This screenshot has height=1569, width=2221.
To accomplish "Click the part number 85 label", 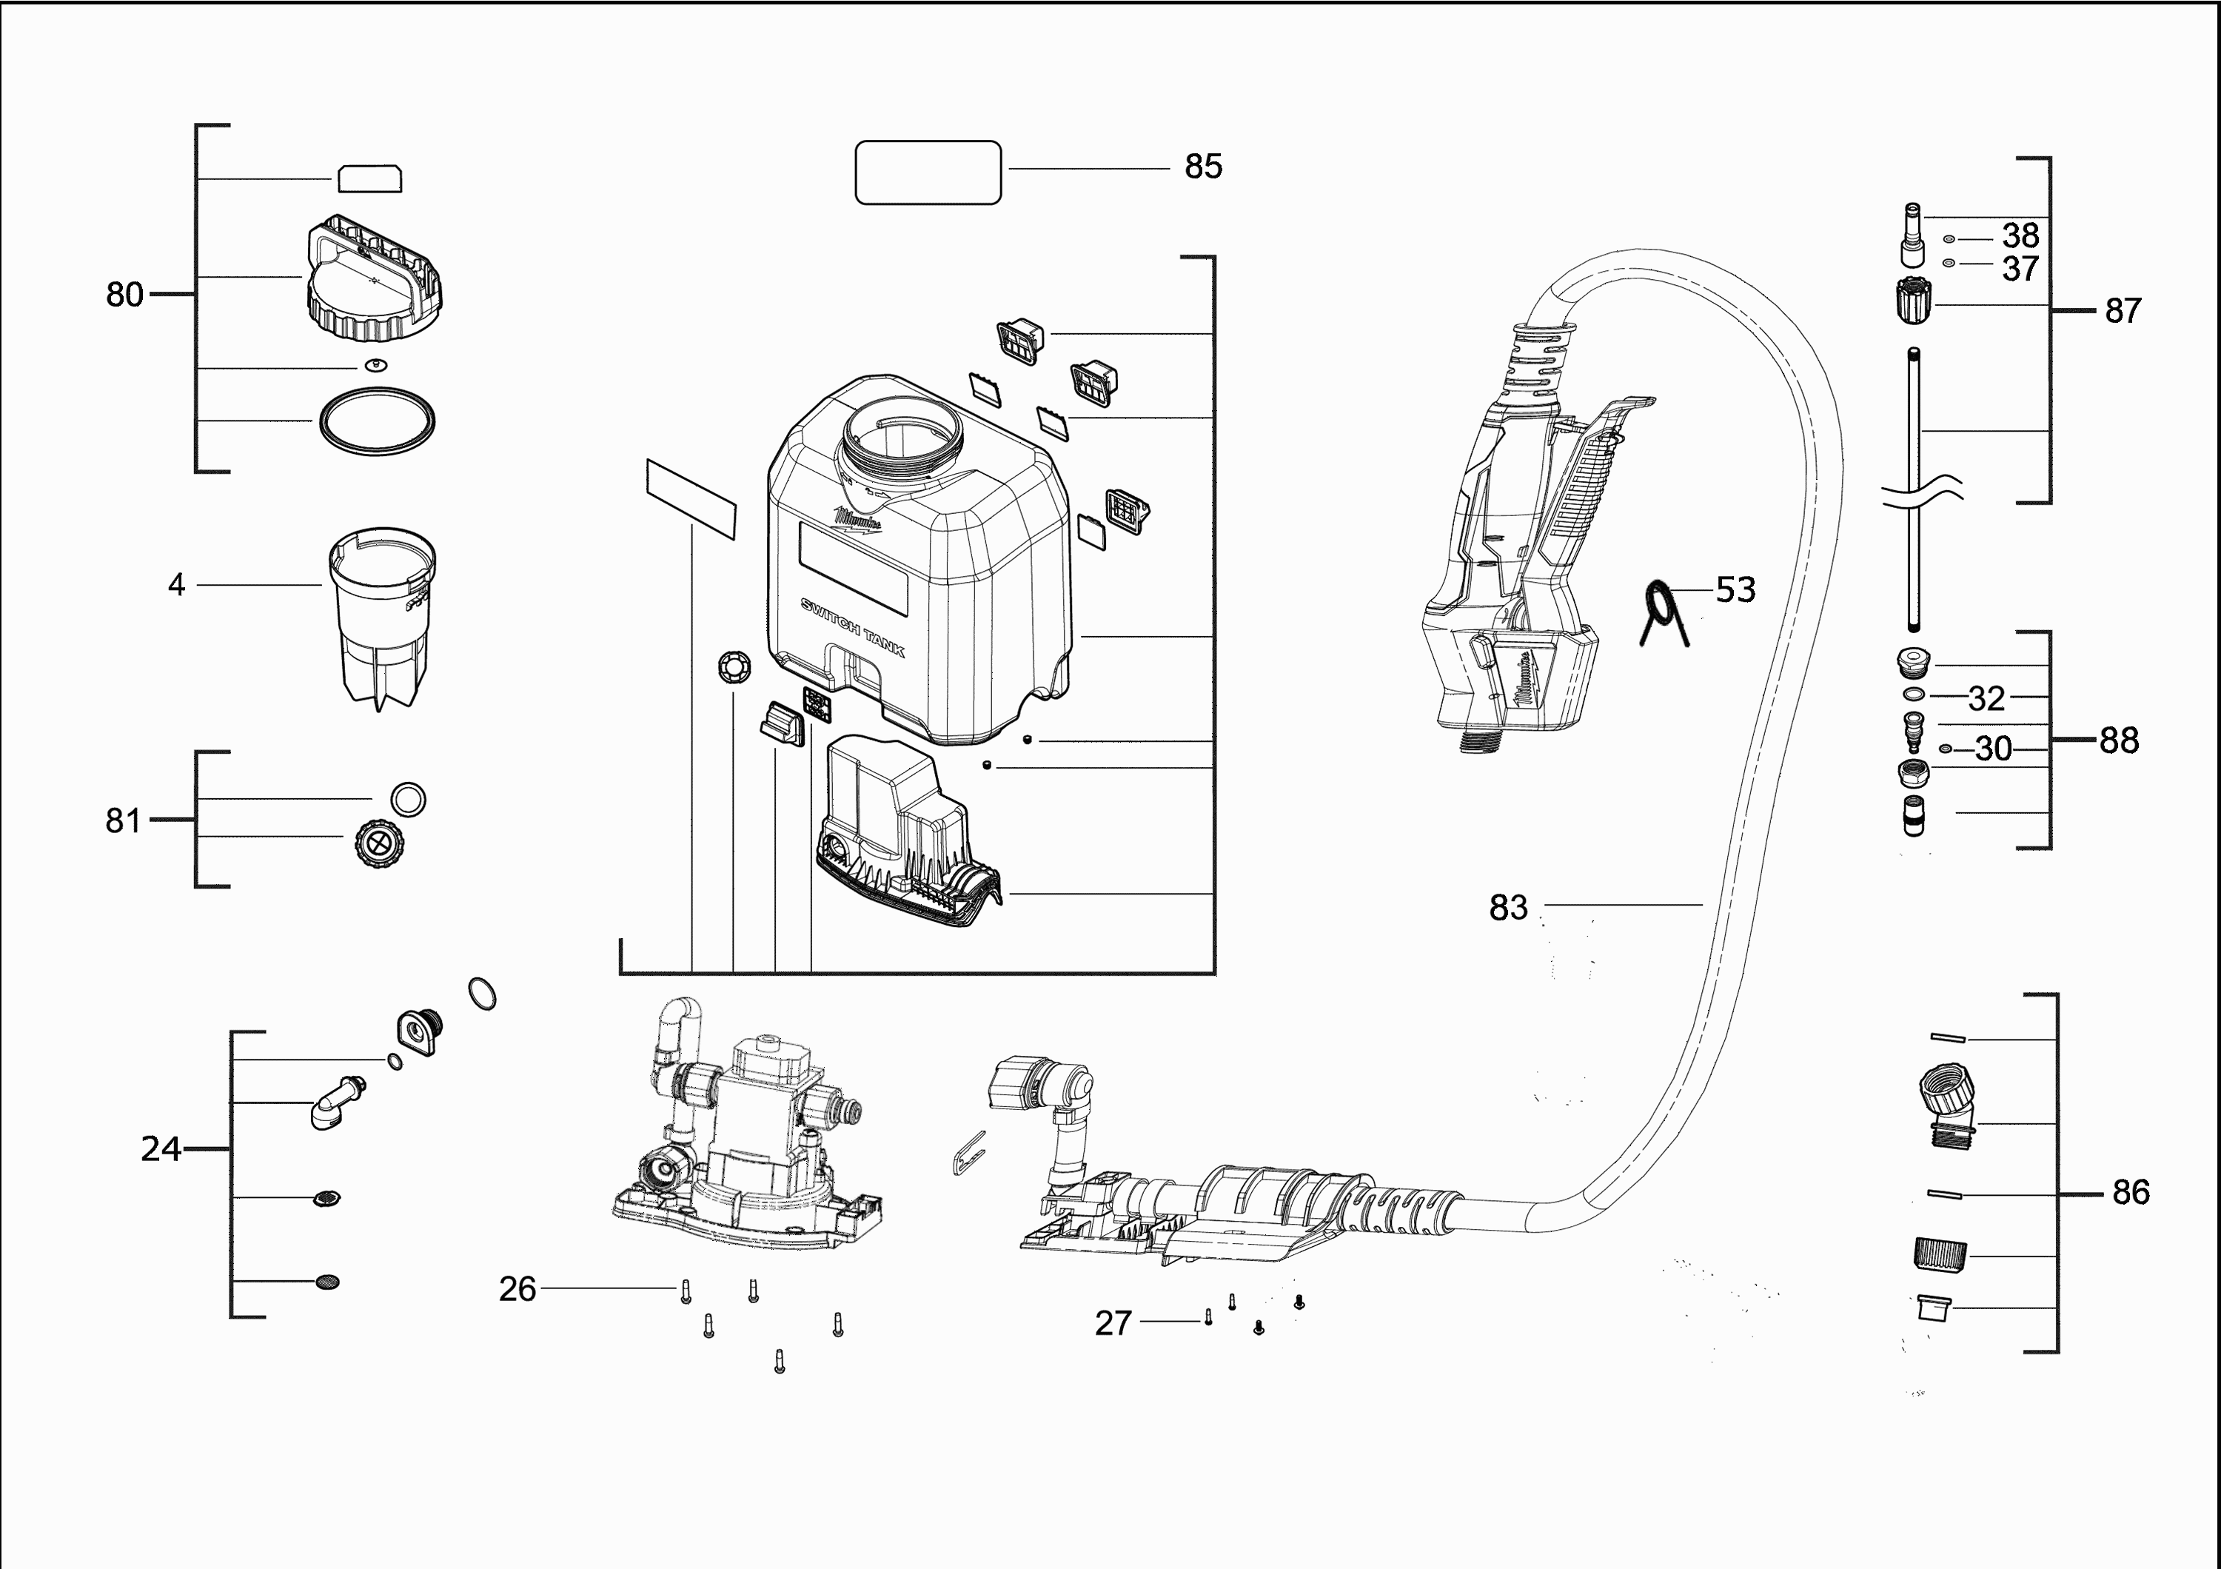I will [x=1203, y=167].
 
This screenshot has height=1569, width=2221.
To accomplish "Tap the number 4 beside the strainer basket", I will [x=176, y=584].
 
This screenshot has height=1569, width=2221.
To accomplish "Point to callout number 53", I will [x=1735, y=589].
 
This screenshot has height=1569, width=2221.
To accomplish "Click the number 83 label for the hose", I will [x=1508, y=907].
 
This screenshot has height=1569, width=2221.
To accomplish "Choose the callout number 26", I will [x=517, y=1288].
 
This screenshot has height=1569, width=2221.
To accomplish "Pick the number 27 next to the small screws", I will [x=1113, y=1322].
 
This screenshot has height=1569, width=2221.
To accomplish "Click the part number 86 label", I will [x=2131, y=1191].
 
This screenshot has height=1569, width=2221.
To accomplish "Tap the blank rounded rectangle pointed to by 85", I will [x=928, y=173].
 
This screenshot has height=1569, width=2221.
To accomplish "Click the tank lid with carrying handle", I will [x=375, y=281].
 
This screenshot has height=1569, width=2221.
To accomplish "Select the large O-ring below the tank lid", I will [x=376, y=421].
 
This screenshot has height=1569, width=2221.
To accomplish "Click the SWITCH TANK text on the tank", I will [x=853, y=628].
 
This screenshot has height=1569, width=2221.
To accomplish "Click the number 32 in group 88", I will [x=1987, y=697].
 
